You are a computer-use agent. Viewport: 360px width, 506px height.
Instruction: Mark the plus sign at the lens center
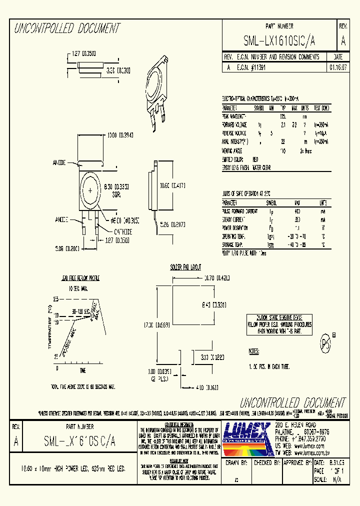click(x=90, y=191)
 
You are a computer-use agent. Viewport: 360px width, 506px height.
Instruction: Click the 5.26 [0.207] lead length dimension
click(x=172, y=225)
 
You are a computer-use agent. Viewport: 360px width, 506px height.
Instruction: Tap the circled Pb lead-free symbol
click(x=326, y=343)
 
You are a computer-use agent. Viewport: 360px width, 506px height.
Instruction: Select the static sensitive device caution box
click(x=279, y=324)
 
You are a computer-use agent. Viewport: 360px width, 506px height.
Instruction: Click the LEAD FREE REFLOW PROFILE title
click(x=79, y=277)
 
